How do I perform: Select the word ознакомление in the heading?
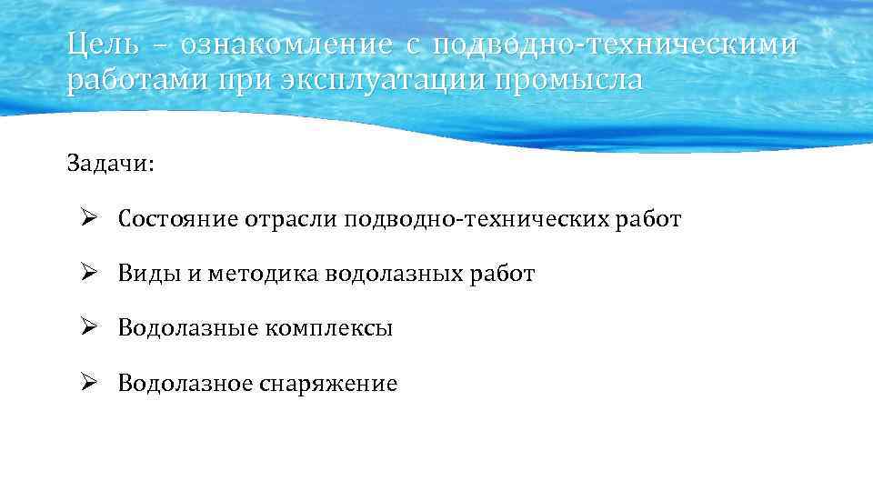click(286, 44)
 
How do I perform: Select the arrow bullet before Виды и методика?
click(87, 273)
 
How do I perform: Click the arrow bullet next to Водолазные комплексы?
click(87, 327)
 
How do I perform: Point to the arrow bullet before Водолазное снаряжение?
click(87, 383)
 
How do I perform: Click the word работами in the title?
click(130, 80)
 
